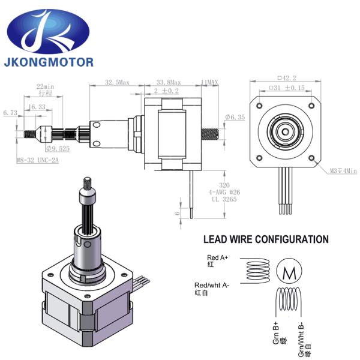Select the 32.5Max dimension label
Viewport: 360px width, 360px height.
(x=118, y=82)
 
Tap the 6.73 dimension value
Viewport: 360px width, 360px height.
(x=10, y=112)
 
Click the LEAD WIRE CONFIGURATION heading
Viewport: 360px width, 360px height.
(x=266, y=239)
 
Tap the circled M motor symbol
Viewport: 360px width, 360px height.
(x=289, y=272)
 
